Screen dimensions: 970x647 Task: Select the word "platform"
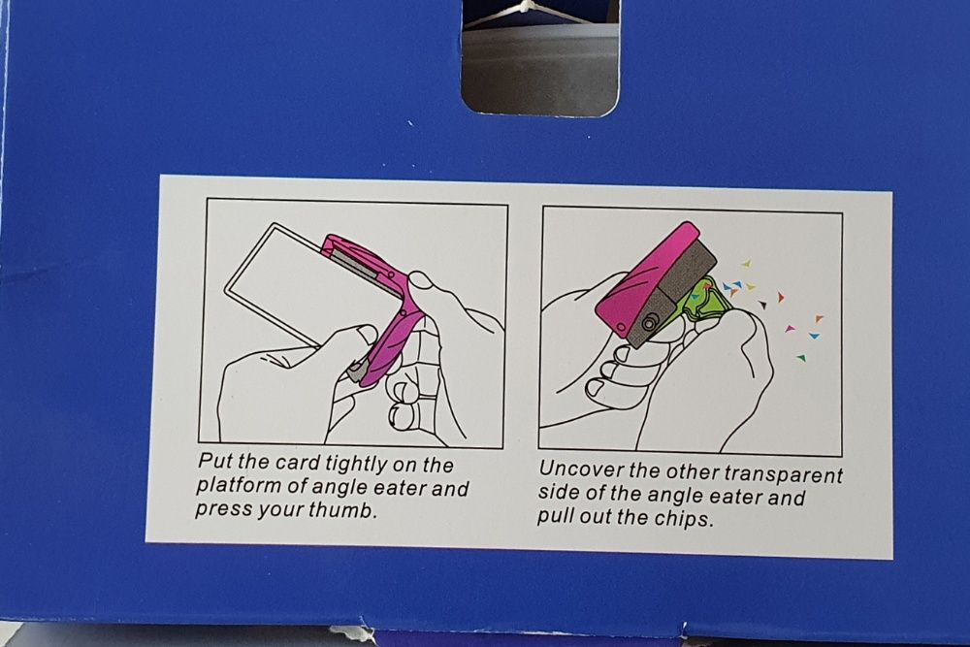pos(239,486)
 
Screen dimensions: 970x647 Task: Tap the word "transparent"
pos(783,474)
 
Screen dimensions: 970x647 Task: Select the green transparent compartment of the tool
pos(710,300)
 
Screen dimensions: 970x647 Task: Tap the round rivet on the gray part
pos(648,323)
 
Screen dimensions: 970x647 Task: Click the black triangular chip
pos(762,305)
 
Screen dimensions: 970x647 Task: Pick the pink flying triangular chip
pos(789,328)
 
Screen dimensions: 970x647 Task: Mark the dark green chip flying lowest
pos(802,357)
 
